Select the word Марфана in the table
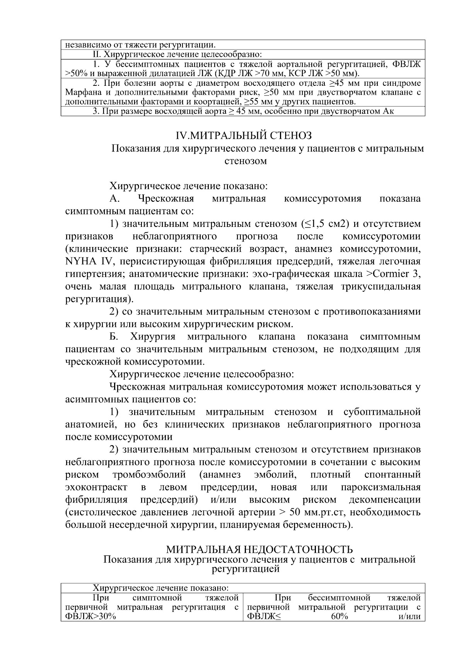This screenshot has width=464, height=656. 80,93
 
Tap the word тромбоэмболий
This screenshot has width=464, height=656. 149,475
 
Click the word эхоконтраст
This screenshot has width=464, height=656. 96,487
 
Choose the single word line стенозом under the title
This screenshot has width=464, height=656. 246,161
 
